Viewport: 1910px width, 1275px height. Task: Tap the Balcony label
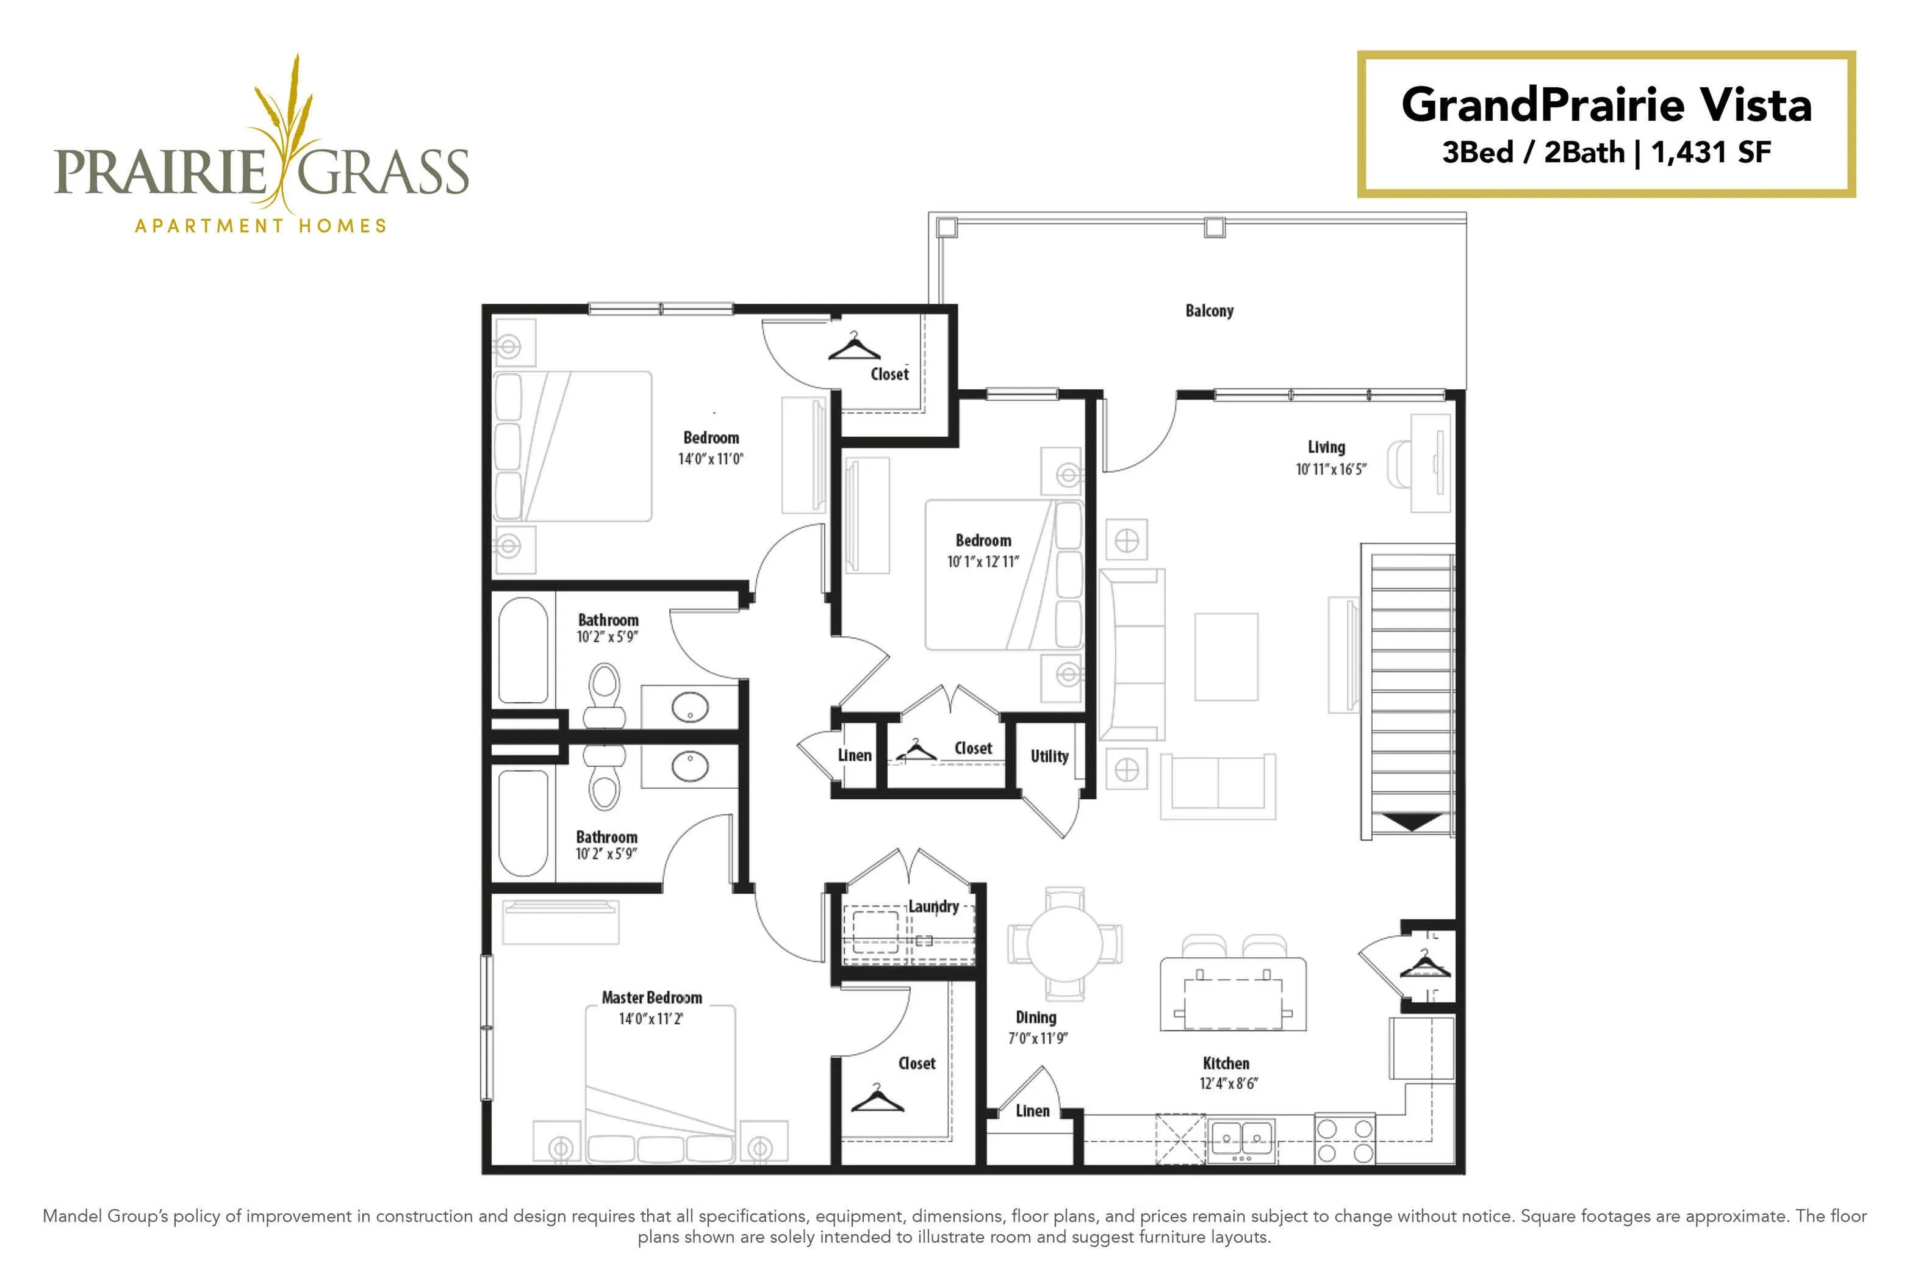(x=1209, y=311)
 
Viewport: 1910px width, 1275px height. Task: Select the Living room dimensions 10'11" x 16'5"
(x=1330, y=469)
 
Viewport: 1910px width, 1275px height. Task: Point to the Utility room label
(x=1049, y=756)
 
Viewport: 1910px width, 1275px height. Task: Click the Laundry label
(x=933, y=906)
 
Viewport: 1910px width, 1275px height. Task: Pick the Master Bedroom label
(x=652, y=997)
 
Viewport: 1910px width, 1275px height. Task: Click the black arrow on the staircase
(x=1412, y=822)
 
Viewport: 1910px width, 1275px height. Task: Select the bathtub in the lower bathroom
(x=523, y=823)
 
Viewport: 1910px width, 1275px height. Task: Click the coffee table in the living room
(x=1226, y=657)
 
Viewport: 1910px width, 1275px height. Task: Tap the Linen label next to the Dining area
(x=1032, y=1111)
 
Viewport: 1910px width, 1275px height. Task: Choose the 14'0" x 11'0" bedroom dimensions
(x=711, y=459)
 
